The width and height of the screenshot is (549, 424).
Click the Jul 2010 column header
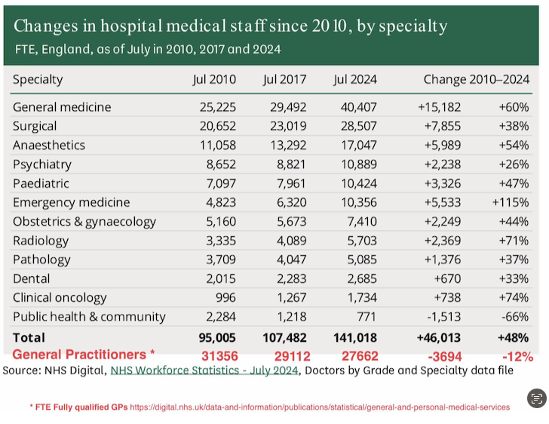(x=213, y=79)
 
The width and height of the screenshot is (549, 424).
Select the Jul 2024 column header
(x=354, y=79)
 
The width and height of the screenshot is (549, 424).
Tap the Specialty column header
(x=38, y=79)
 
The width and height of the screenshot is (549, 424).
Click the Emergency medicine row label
(x=71, y=202)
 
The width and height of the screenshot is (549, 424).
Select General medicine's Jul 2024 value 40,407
(x=354, y=107)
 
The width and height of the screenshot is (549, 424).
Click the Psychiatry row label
(x=42, y=164)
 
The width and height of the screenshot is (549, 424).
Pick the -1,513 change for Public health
(x=440, y=316)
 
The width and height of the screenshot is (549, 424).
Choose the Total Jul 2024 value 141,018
(x=353, y=337)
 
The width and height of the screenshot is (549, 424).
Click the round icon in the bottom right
(x=536, y=399)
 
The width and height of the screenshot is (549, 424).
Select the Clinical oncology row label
(x=60, y=297)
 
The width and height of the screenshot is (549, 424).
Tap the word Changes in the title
(x=44, y=26)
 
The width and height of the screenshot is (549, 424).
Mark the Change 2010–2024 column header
(x=476, y=79)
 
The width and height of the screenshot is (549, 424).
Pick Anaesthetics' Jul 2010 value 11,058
(x=214, y=145)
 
